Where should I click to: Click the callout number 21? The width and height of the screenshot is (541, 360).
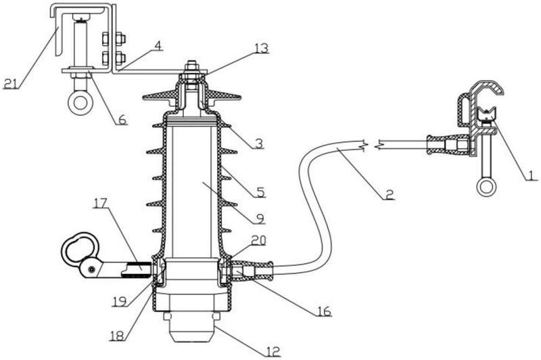pyautogui.click(x=10, y=83)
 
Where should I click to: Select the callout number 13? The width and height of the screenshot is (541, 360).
pyautogui.click(x=261, y=48)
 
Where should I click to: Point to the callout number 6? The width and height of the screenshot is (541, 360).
pyautogui.click(x=122, y=120)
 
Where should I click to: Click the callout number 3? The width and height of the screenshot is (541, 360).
pyautogui.click(x=258, y=143)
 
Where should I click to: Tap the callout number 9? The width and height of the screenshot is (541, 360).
pyautogui.click(x=260, y=219)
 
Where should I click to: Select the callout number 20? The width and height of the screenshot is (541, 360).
pyautogui.click(x=259, y=240)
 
